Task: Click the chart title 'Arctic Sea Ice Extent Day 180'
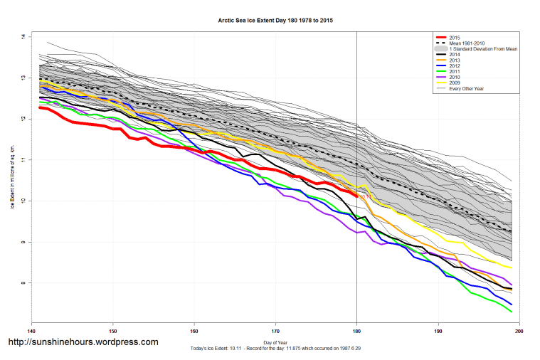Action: (x=275, y=21)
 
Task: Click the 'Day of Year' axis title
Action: (x=275, y=342)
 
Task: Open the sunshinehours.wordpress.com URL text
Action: (x=83, y=342)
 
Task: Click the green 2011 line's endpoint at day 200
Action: (x=512, y=312)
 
